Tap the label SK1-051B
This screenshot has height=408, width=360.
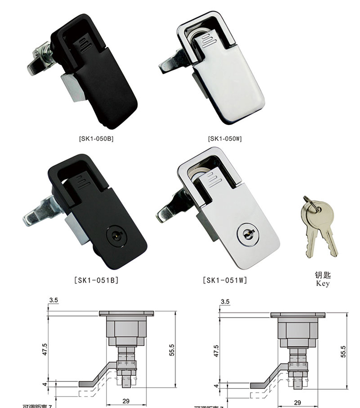click(96, 280)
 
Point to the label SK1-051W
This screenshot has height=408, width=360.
click(225, 280)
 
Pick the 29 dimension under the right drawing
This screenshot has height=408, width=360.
click(297, 403)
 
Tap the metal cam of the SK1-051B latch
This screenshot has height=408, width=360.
click(41, 216)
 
